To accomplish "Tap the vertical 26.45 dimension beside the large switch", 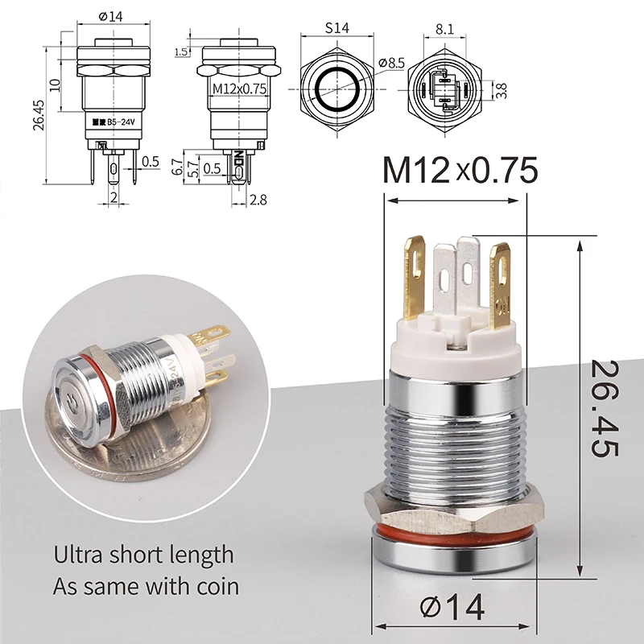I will [605, 410].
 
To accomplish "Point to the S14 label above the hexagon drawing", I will [338, 27].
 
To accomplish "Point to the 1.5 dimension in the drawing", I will [183, 52].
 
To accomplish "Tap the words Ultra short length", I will [143, 555].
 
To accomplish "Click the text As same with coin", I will [146, 585].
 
